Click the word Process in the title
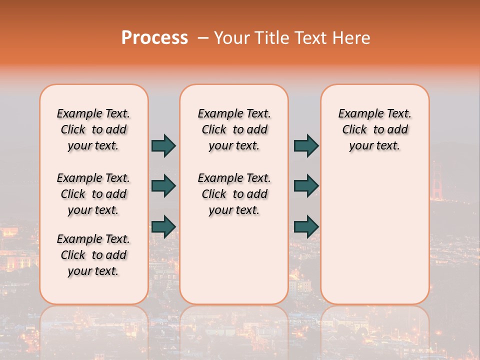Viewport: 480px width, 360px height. (154, 38)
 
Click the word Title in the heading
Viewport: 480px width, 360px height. (271, 38)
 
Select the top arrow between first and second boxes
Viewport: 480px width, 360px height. (163, 145)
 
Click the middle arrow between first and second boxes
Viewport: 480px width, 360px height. (163, 186)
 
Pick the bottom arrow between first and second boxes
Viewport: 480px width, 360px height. (163, 226)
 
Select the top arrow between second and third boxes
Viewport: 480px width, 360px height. (306, 145)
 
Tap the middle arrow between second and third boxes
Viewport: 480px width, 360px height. (306, 186)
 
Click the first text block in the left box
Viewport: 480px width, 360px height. (93, 129)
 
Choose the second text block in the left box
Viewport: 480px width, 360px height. (93, 194)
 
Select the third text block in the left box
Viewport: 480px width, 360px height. (93, 255)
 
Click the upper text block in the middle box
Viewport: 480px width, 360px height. (234, 129)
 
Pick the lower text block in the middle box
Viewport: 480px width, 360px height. (234, 194)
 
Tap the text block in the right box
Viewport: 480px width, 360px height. (374, 129)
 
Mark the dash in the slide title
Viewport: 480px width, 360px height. (203, 38)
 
